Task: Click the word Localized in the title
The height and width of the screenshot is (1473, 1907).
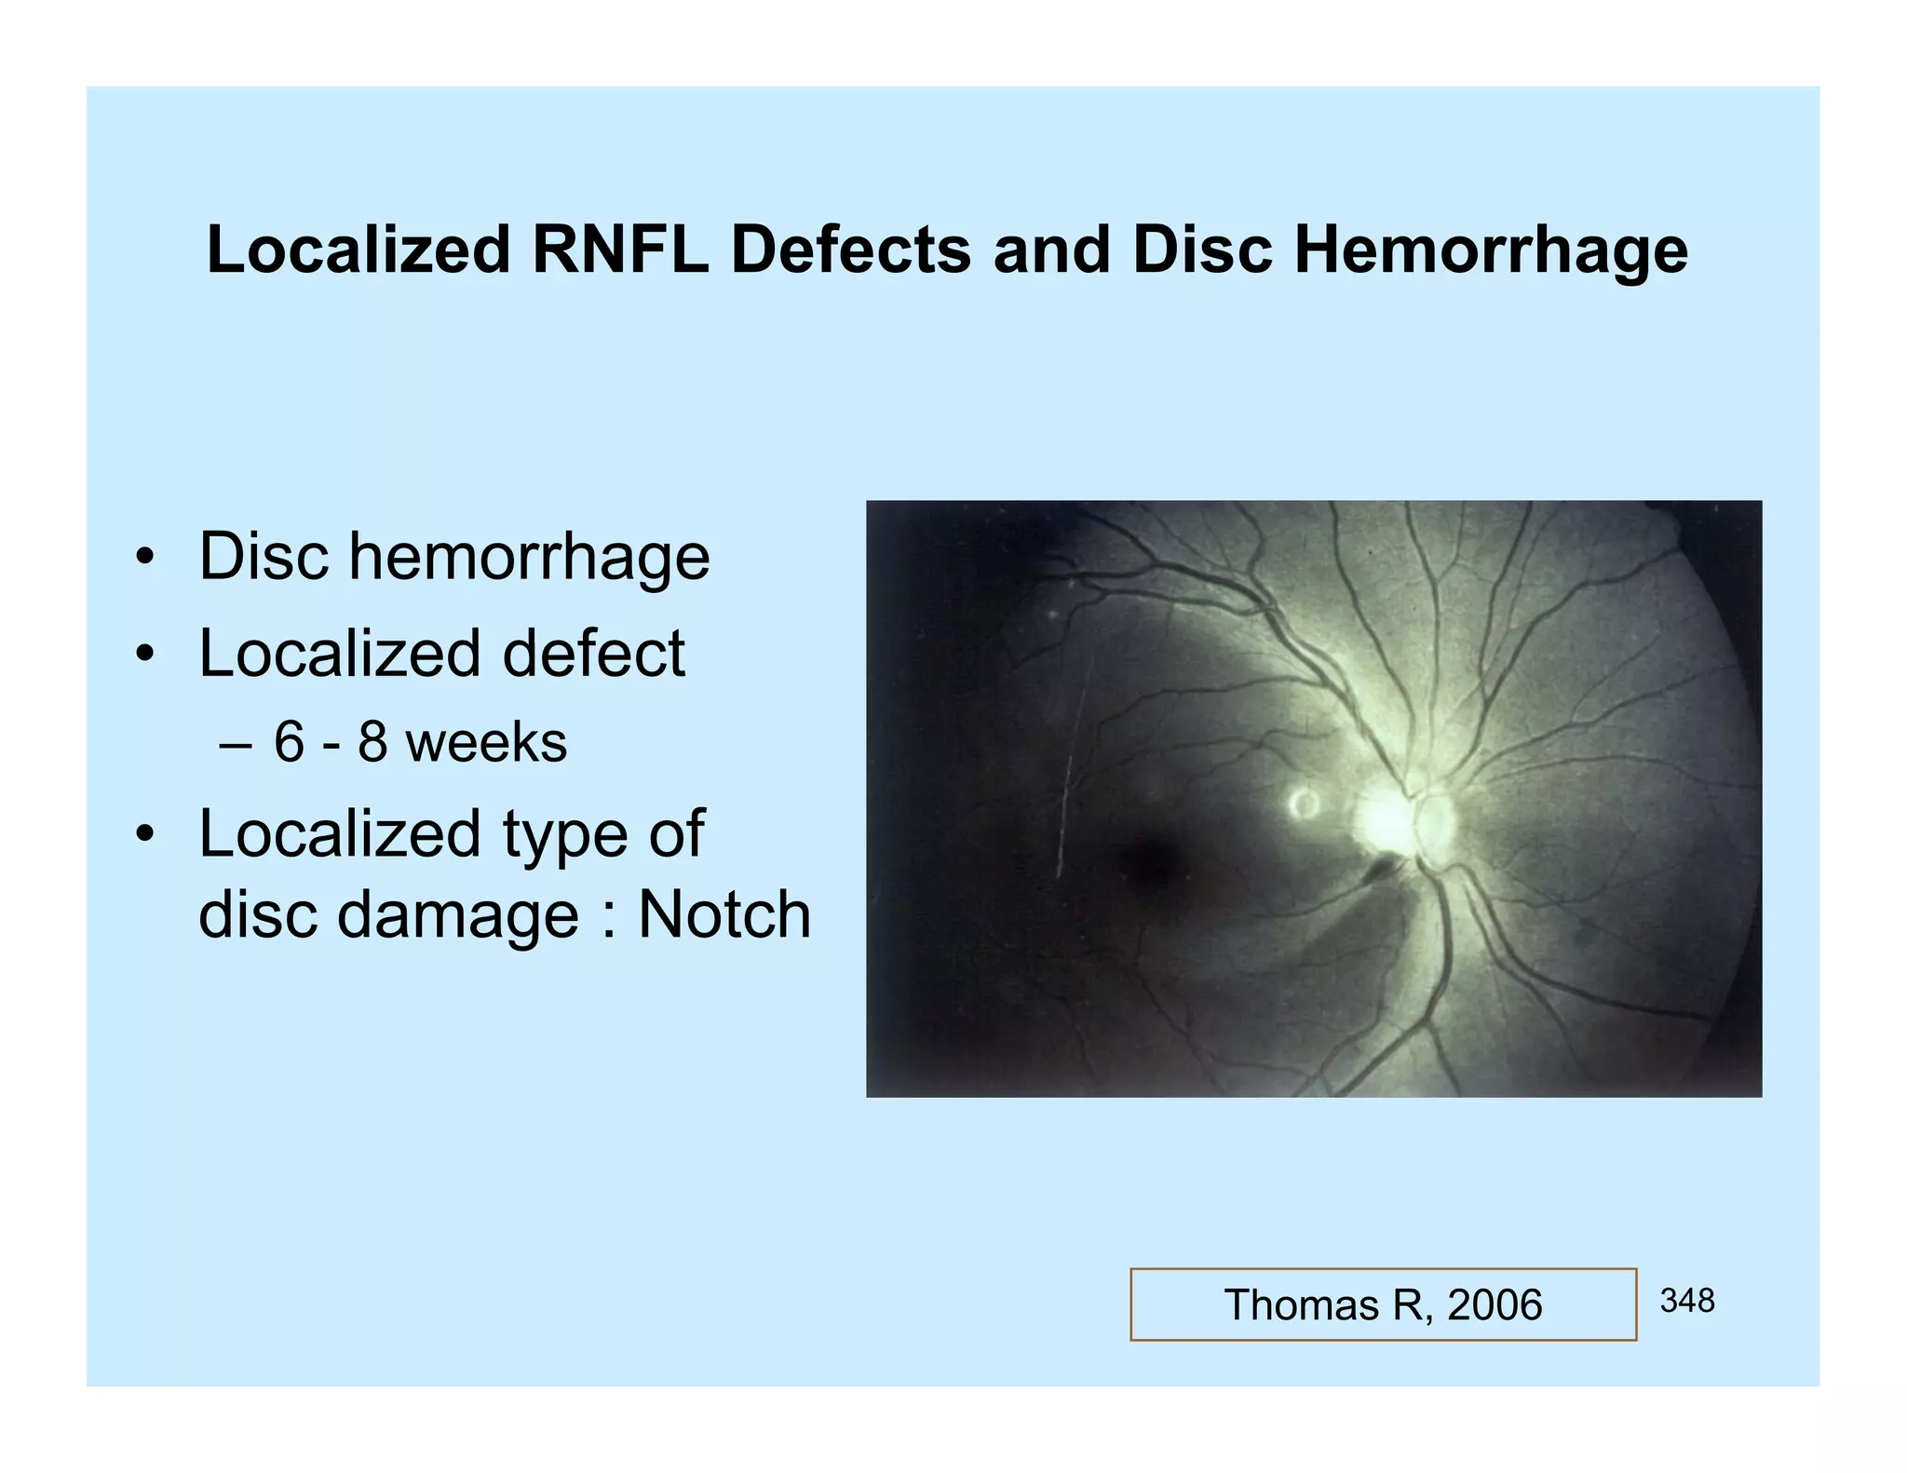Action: pos(358,250)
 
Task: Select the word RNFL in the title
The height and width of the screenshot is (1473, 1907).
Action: pos(619,250)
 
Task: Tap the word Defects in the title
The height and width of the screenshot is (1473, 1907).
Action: pos(850,250)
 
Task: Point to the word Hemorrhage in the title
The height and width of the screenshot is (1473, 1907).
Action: pos(1490,250)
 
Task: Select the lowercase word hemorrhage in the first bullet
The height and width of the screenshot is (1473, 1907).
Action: pos(529,556)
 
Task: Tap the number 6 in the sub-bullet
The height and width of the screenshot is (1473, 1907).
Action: pos(289,742)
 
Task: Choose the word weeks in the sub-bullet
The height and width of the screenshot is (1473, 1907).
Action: pos(486,742)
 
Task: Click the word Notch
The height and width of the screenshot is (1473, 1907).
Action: pos(724,914)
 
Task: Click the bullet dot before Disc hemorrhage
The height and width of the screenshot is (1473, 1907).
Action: pos(143,559)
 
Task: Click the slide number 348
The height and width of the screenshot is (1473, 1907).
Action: pos(1686,1300)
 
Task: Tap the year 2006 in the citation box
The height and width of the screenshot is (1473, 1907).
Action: pos(1494,1304)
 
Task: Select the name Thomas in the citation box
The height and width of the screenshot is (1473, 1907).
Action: pos(1300,1304)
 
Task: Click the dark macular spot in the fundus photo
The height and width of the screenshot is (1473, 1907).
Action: pos(1148,862)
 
